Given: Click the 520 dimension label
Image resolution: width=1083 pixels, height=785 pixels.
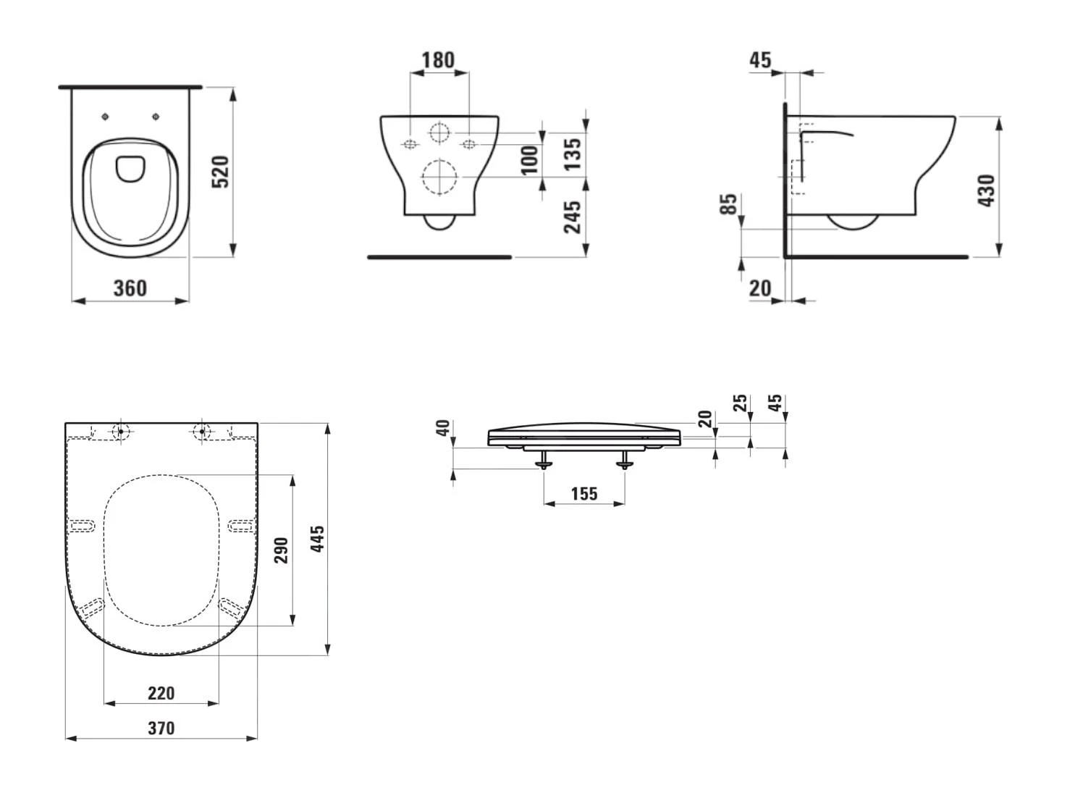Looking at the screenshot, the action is (x=221, y=172).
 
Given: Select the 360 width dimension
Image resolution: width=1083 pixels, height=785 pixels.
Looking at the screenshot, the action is (x=130, y=288).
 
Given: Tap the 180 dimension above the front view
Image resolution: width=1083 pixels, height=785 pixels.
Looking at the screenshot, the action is (x=439, y=60).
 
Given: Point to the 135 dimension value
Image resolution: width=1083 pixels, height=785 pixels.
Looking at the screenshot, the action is (x=573, y=154).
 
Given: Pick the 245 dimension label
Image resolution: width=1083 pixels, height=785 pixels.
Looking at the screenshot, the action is (x=573, y=217).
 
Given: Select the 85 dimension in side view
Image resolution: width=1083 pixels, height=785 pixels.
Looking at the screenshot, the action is (x=728, y=203).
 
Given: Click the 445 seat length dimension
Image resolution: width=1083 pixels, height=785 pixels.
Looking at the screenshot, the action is (x=317, y=539).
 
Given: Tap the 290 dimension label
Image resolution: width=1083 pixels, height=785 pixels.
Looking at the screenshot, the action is (x=281, y=550).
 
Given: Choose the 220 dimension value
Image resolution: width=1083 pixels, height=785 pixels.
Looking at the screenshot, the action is (x=161, y=694).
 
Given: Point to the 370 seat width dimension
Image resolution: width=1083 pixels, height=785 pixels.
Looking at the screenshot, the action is (x=161, y=728).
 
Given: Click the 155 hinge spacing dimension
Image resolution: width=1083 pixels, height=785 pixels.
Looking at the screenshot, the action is (x=584, y=494).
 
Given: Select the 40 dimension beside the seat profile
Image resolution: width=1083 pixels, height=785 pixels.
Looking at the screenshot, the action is (x=443, y=427).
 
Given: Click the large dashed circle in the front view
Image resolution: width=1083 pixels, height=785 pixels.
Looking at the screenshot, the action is (x=439, y=177).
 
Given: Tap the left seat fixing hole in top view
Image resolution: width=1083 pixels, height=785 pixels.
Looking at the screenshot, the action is (x=106, y=117).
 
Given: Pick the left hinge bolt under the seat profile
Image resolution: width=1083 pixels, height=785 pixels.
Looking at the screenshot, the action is (x=544, y=460).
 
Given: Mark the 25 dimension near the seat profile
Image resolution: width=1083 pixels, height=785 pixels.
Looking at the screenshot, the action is (x=740, y=403).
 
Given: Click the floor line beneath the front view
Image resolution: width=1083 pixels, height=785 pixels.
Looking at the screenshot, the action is (x=439, y=257).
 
